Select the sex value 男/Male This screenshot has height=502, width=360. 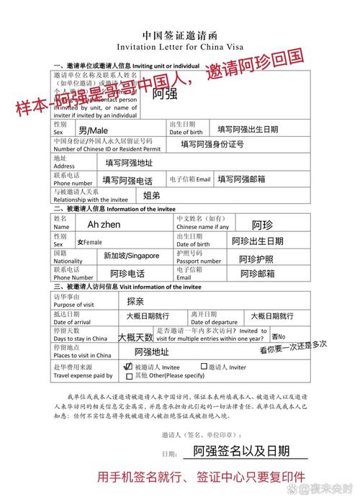pos(93,130)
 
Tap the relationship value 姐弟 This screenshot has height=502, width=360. pos(152,195)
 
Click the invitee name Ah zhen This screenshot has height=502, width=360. pos(104,225)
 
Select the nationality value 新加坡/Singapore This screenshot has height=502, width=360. pos(131,256)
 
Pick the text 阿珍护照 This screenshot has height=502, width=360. pos(256,259)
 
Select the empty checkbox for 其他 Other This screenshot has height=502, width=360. pos(129,375)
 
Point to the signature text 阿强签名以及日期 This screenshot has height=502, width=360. pos(241,452)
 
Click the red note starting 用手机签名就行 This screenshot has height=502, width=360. pos(202,477)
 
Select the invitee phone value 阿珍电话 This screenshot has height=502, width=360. pos(127,274)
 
